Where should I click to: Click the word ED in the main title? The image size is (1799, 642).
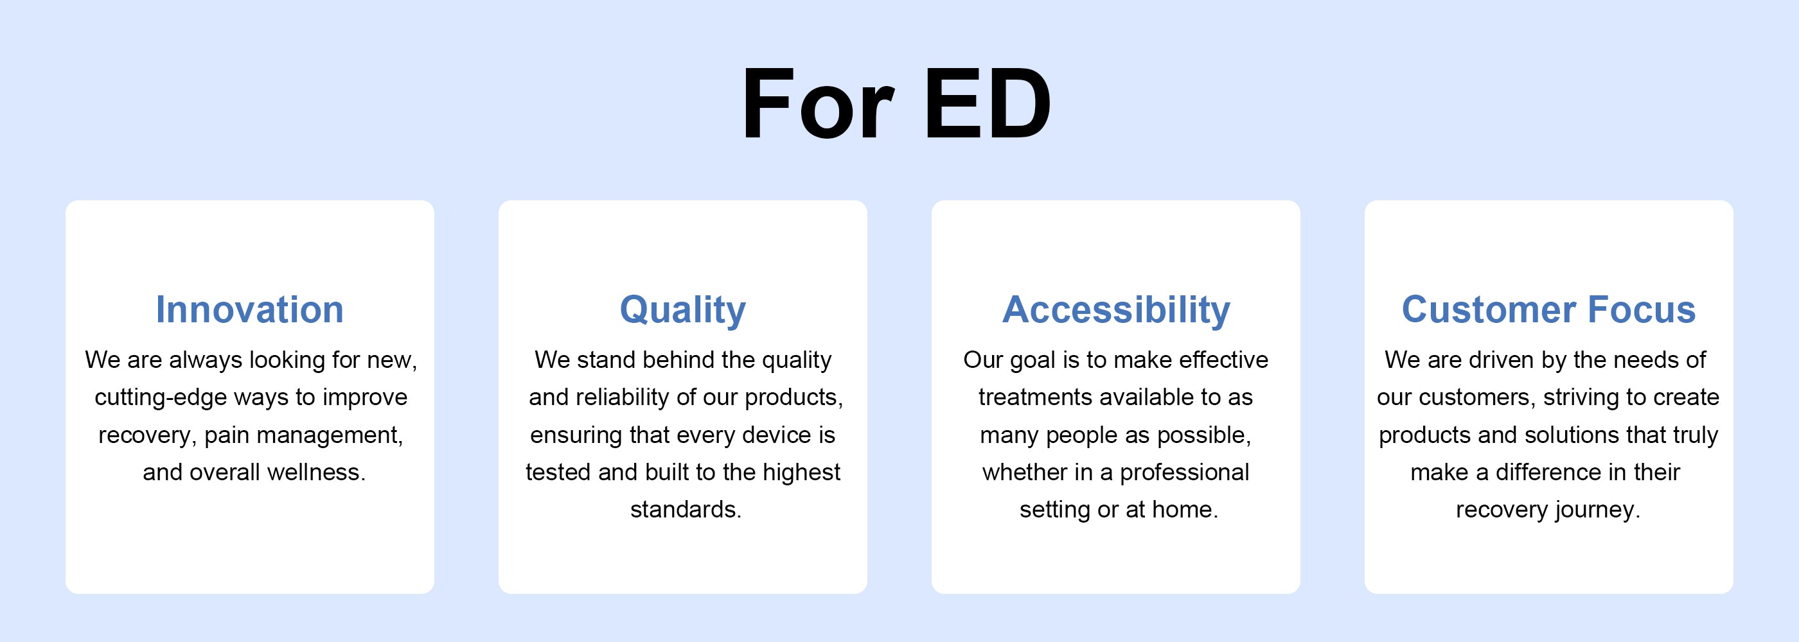pos(987,103)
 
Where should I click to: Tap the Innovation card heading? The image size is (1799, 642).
pos(249,309)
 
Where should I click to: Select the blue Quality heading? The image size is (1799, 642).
pos(682,311)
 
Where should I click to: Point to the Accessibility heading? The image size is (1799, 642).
pos(1116,311)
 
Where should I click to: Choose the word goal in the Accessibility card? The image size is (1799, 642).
pos(1033,361)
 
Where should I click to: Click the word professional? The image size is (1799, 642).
pos(1184,473)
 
